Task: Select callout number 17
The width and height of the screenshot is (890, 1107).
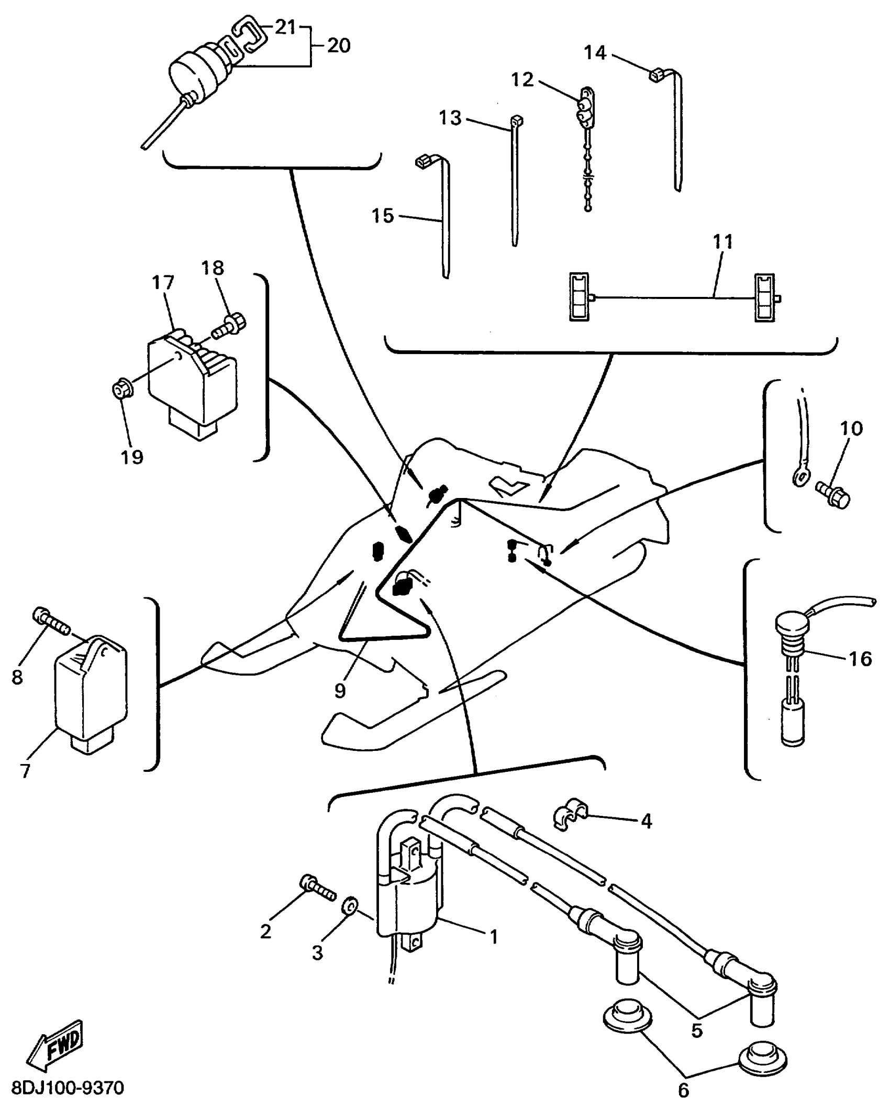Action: coord(162,283)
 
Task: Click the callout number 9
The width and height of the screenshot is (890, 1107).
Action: coord(340,691)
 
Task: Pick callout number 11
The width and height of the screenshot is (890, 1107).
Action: coord(723,242)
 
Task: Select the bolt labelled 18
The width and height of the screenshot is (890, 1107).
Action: coord(229,324)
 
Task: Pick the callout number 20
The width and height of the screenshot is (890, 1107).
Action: coord(338,46)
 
